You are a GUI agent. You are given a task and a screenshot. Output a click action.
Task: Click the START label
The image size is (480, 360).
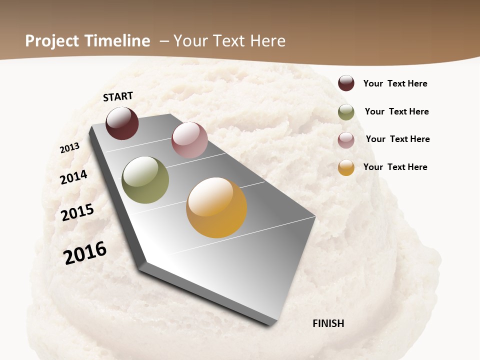pyautogui.click(x=118, y=96)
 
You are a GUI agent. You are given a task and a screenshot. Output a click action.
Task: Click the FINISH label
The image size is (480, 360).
pyautogui.click(x=328, y=323)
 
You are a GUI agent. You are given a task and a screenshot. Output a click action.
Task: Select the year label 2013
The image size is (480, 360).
pyautogui.click(x=69, y=148)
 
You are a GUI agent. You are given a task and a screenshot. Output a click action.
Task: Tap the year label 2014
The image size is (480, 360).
pyautogui.click(x=73, y=177)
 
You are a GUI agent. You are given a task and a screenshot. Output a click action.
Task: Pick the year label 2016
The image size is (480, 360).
pyautogui.click(x=85, y=253)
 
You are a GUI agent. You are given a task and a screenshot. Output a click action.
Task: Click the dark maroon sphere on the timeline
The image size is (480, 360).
pyautogui.click(x=122, y=123)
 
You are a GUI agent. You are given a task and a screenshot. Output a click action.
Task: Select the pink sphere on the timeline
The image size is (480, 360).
pyautogui.click(x=189, y=140)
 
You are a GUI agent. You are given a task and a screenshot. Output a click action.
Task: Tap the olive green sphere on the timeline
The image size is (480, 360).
pyautogui.click(x=145, y=180)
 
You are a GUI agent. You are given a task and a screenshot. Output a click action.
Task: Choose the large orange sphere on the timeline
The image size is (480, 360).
pyautogui.click(x=216, y=207)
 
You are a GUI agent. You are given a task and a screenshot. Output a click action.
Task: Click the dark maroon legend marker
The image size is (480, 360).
pyautogui.click(x=346, y=83)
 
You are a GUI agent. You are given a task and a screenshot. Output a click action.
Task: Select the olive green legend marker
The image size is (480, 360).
pyautogui.click(x=346, y=112)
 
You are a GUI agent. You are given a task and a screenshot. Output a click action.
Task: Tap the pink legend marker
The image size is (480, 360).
pyautogui.click(x=346, y=140)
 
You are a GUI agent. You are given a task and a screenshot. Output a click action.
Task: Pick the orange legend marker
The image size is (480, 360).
pyautogui.click(x=346, y=167)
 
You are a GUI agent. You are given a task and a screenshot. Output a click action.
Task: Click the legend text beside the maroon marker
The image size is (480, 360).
pyautogui.click(x=395, y=83)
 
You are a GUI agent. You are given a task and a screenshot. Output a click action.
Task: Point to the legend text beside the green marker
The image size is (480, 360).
pyautogui.click(x=396, y=111)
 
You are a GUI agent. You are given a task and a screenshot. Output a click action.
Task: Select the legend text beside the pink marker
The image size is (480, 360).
pyautogui.click(x=397, y=139)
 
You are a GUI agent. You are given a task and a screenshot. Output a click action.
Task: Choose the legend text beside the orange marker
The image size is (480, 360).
pyautogui.click(x=395, y=167)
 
